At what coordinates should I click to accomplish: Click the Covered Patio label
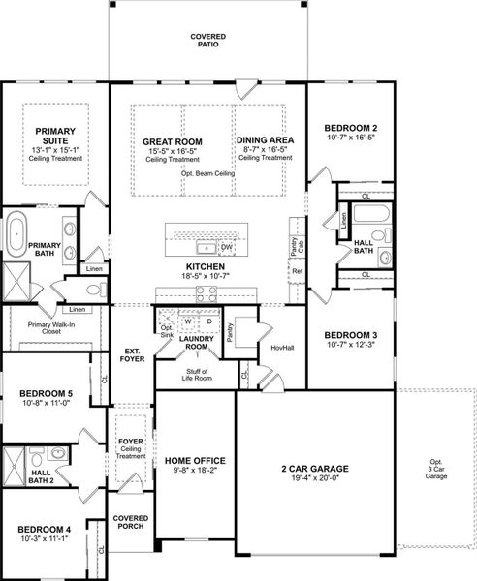[x=207, y=40]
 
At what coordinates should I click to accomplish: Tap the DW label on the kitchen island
[x=226, y=247]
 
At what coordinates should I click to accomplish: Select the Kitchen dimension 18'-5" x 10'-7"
[x=206, y=276]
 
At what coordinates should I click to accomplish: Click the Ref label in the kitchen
[x=298, y=270]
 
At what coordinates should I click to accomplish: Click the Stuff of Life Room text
[x=198, y=374]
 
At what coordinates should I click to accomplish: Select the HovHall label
[x=281, y=347]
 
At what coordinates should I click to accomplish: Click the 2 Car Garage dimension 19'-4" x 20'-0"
[x=315, y=480]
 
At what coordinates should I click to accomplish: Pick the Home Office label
[x=195, y=461]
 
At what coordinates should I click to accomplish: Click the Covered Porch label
[x=130, y=523]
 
